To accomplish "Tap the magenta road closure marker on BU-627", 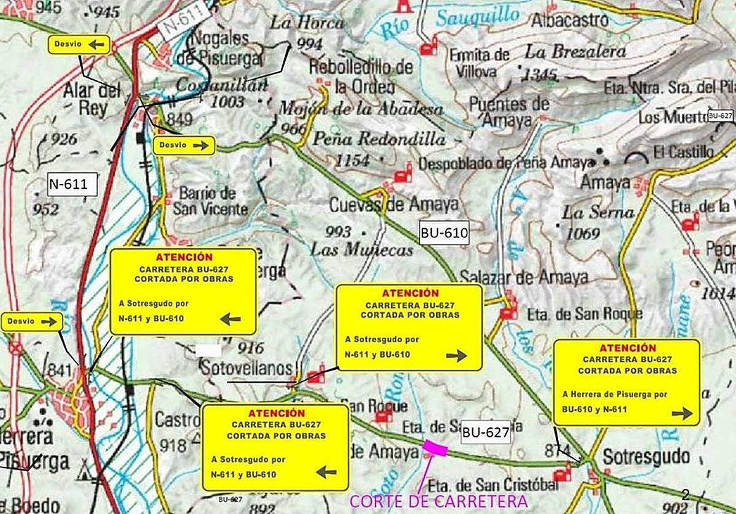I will [x=435, y=448].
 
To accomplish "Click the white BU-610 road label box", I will [x=444, y=233].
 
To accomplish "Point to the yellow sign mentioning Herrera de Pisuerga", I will [x=626, y=382].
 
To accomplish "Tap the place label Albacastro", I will [x=570, y=20].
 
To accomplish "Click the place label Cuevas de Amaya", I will [x=394, y=204].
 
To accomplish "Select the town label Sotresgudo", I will [x=646, y=457].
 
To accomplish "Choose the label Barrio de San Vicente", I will [x=210, y=201].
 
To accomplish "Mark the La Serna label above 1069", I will [x=598, y=213].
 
